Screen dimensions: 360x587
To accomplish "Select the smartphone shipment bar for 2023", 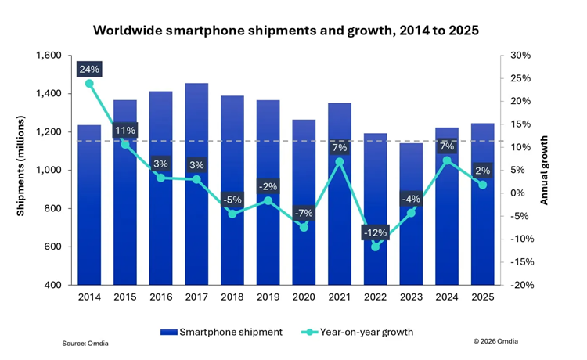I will [410, 235].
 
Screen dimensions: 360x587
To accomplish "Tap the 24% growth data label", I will [89, 69].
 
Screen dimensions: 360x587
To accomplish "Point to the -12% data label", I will [375, 233].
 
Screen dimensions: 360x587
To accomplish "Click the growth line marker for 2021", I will [340, 162].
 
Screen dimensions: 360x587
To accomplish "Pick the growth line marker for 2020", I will [304, 227].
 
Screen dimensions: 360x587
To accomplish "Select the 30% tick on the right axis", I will [520, 56].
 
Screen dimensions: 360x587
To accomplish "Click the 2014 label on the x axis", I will [89, 297].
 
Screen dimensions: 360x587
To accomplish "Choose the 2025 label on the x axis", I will [482, 297].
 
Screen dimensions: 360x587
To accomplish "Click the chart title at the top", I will [286, 31].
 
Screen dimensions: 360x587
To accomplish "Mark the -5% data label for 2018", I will [232, 199].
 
